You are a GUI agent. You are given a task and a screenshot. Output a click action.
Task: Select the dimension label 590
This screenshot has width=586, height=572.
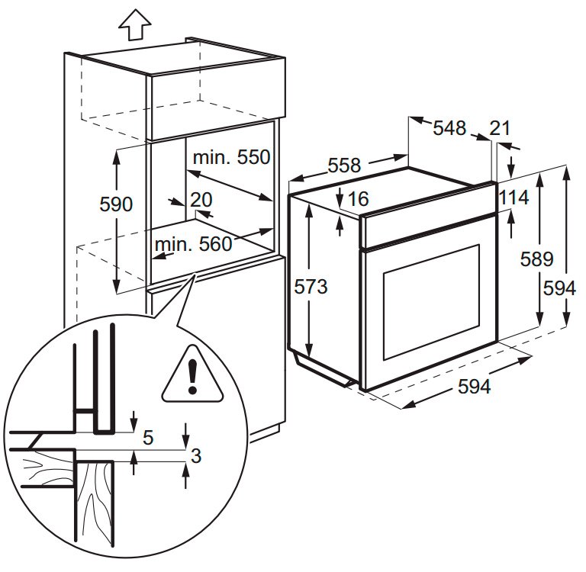tap(116, 204)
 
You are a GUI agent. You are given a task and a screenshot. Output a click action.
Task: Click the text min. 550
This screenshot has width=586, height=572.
tap(231, 158)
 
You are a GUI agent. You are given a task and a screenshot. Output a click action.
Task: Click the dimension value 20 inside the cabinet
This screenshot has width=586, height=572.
tap(201, 200)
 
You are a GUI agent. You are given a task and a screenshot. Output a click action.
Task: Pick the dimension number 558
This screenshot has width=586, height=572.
tap(344, 165)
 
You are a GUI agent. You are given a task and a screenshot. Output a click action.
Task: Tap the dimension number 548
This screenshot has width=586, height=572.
tap(449, 128)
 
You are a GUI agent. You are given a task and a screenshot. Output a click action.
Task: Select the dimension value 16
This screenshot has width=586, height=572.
tap(358, 200)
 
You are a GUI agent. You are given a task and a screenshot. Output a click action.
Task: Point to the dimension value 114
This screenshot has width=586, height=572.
tap(514, 198)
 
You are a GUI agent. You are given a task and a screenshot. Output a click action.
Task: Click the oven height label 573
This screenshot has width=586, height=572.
tap(311, 287)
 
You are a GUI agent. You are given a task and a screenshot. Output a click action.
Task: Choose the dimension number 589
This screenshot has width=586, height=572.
tap(537, 259)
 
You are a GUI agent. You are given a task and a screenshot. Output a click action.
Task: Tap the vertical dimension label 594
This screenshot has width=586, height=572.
tap(559, 288)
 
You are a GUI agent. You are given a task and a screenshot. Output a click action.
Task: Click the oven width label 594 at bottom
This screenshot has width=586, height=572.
tap(474, 387)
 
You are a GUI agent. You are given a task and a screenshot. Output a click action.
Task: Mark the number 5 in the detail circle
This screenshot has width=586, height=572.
tap(148, 438)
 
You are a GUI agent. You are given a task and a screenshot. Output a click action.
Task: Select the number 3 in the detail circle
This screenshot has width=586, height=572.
tap(195, 457)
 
